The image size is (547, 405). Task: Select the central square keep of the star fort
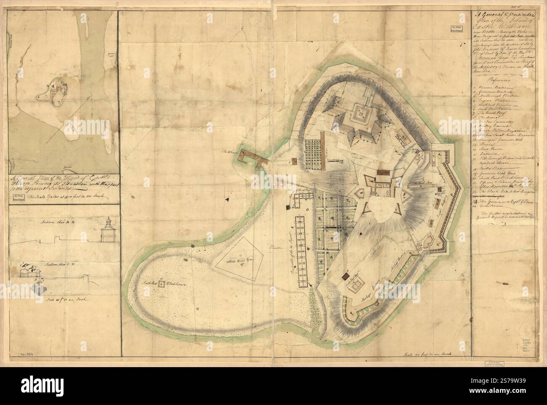pos(361,113)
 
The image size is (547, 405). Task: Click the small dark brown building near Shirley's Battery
pos(345,276)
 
